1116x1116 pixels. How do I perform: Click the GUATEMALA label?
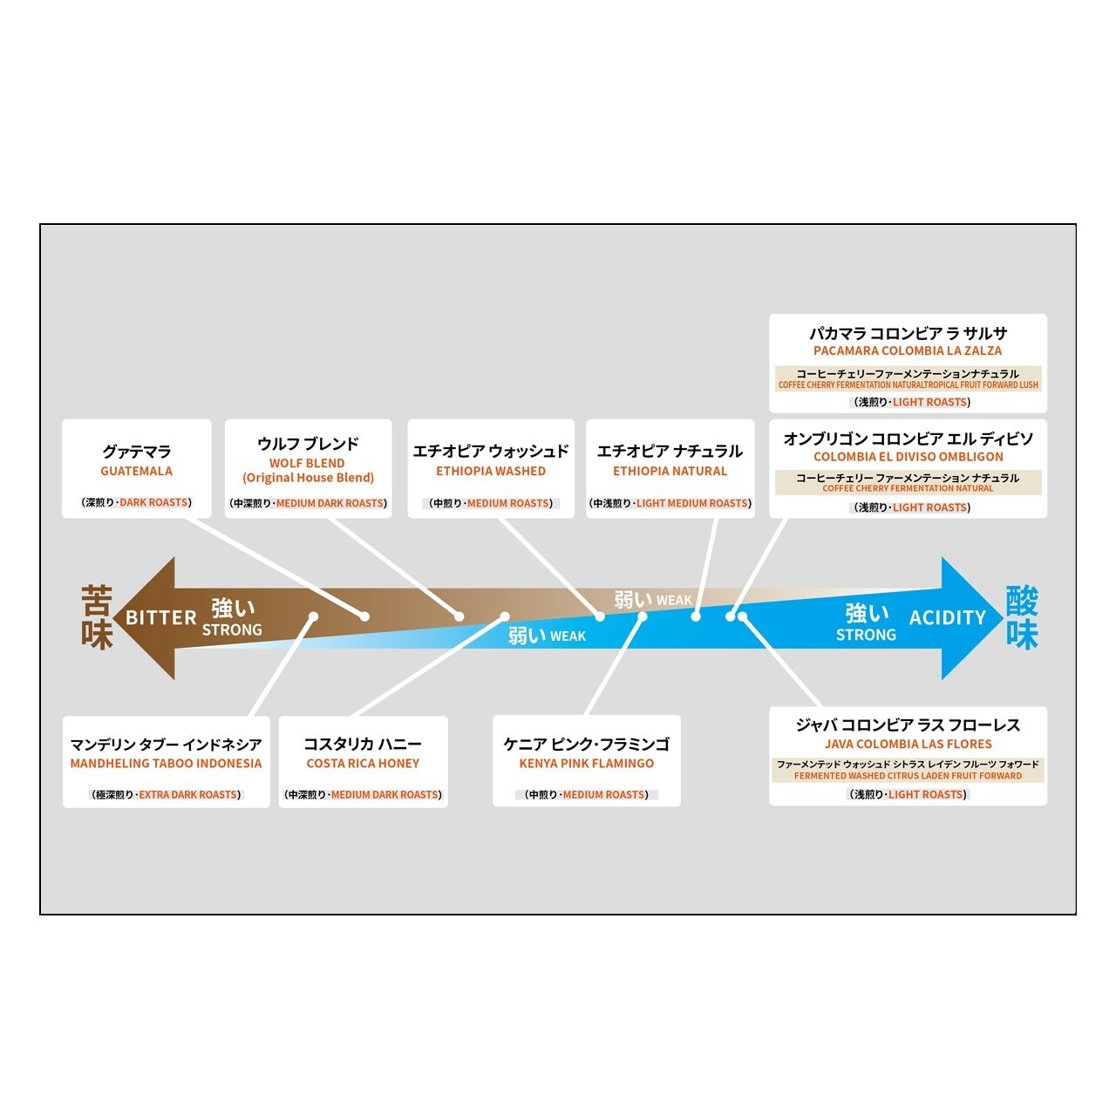136,472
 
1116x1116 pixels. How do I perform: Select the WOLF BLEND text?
307,464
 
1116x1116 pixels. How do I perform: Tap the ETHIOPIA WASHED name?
491,472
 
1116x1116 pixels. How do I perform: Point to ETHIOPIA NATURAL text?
670,472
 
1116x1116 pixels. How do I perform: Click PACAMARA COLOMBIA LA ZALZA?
908,351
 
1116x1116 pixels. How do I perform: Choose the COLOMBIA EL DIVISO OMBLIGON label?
908,457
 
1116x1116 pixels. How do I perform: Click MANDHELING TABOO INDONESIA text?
166,764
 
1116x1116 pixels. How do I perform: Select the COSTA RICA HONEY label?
363,764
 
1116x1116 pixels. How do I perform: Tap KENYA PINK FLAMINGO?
587,764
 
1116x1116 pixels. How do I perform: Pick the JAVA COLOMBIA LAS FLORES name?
908,745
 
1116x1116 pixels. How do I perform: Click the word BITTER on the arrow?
161,618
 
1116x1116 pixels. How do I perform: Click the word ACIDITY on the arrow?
948,618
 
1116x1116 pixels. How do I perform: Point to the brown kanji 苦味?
97,618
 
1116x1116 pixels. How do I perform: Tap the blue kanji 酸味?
1022,618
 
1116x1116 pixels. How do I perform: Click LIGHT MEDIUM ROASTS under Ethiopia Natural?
692,504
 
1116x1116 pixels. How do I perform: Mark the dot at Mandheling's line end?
313,616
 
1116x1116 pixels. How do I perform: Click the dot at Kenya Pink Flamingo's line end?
643,616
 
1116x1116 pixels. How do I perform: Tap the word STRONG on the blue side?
866,636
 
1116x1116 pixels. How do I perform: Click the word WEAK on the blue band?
568,636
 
